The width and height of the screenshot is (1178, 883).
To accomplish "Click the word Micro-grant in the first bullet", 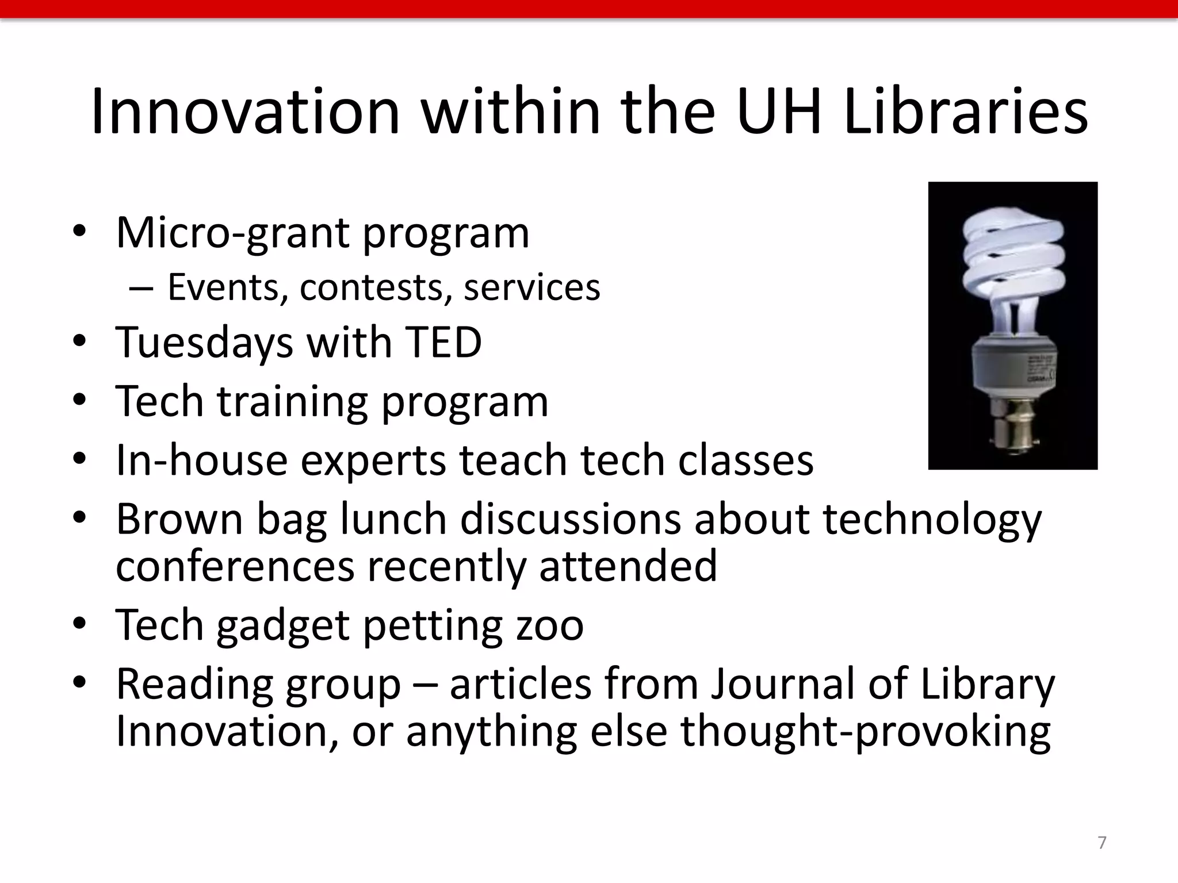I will (232, 233).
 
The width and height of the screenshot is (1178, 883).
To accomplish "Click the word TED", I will (443, 343).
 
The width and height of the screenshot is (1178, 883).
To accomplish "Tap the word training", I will (292, 402).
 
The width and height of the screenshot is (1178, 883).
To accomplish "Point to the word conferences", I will (235, 567).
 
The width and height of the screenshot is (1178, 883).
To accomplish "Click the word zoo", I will (550, 625).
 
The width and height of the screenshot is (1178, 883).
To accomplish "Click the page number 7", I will (1101, 843).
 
